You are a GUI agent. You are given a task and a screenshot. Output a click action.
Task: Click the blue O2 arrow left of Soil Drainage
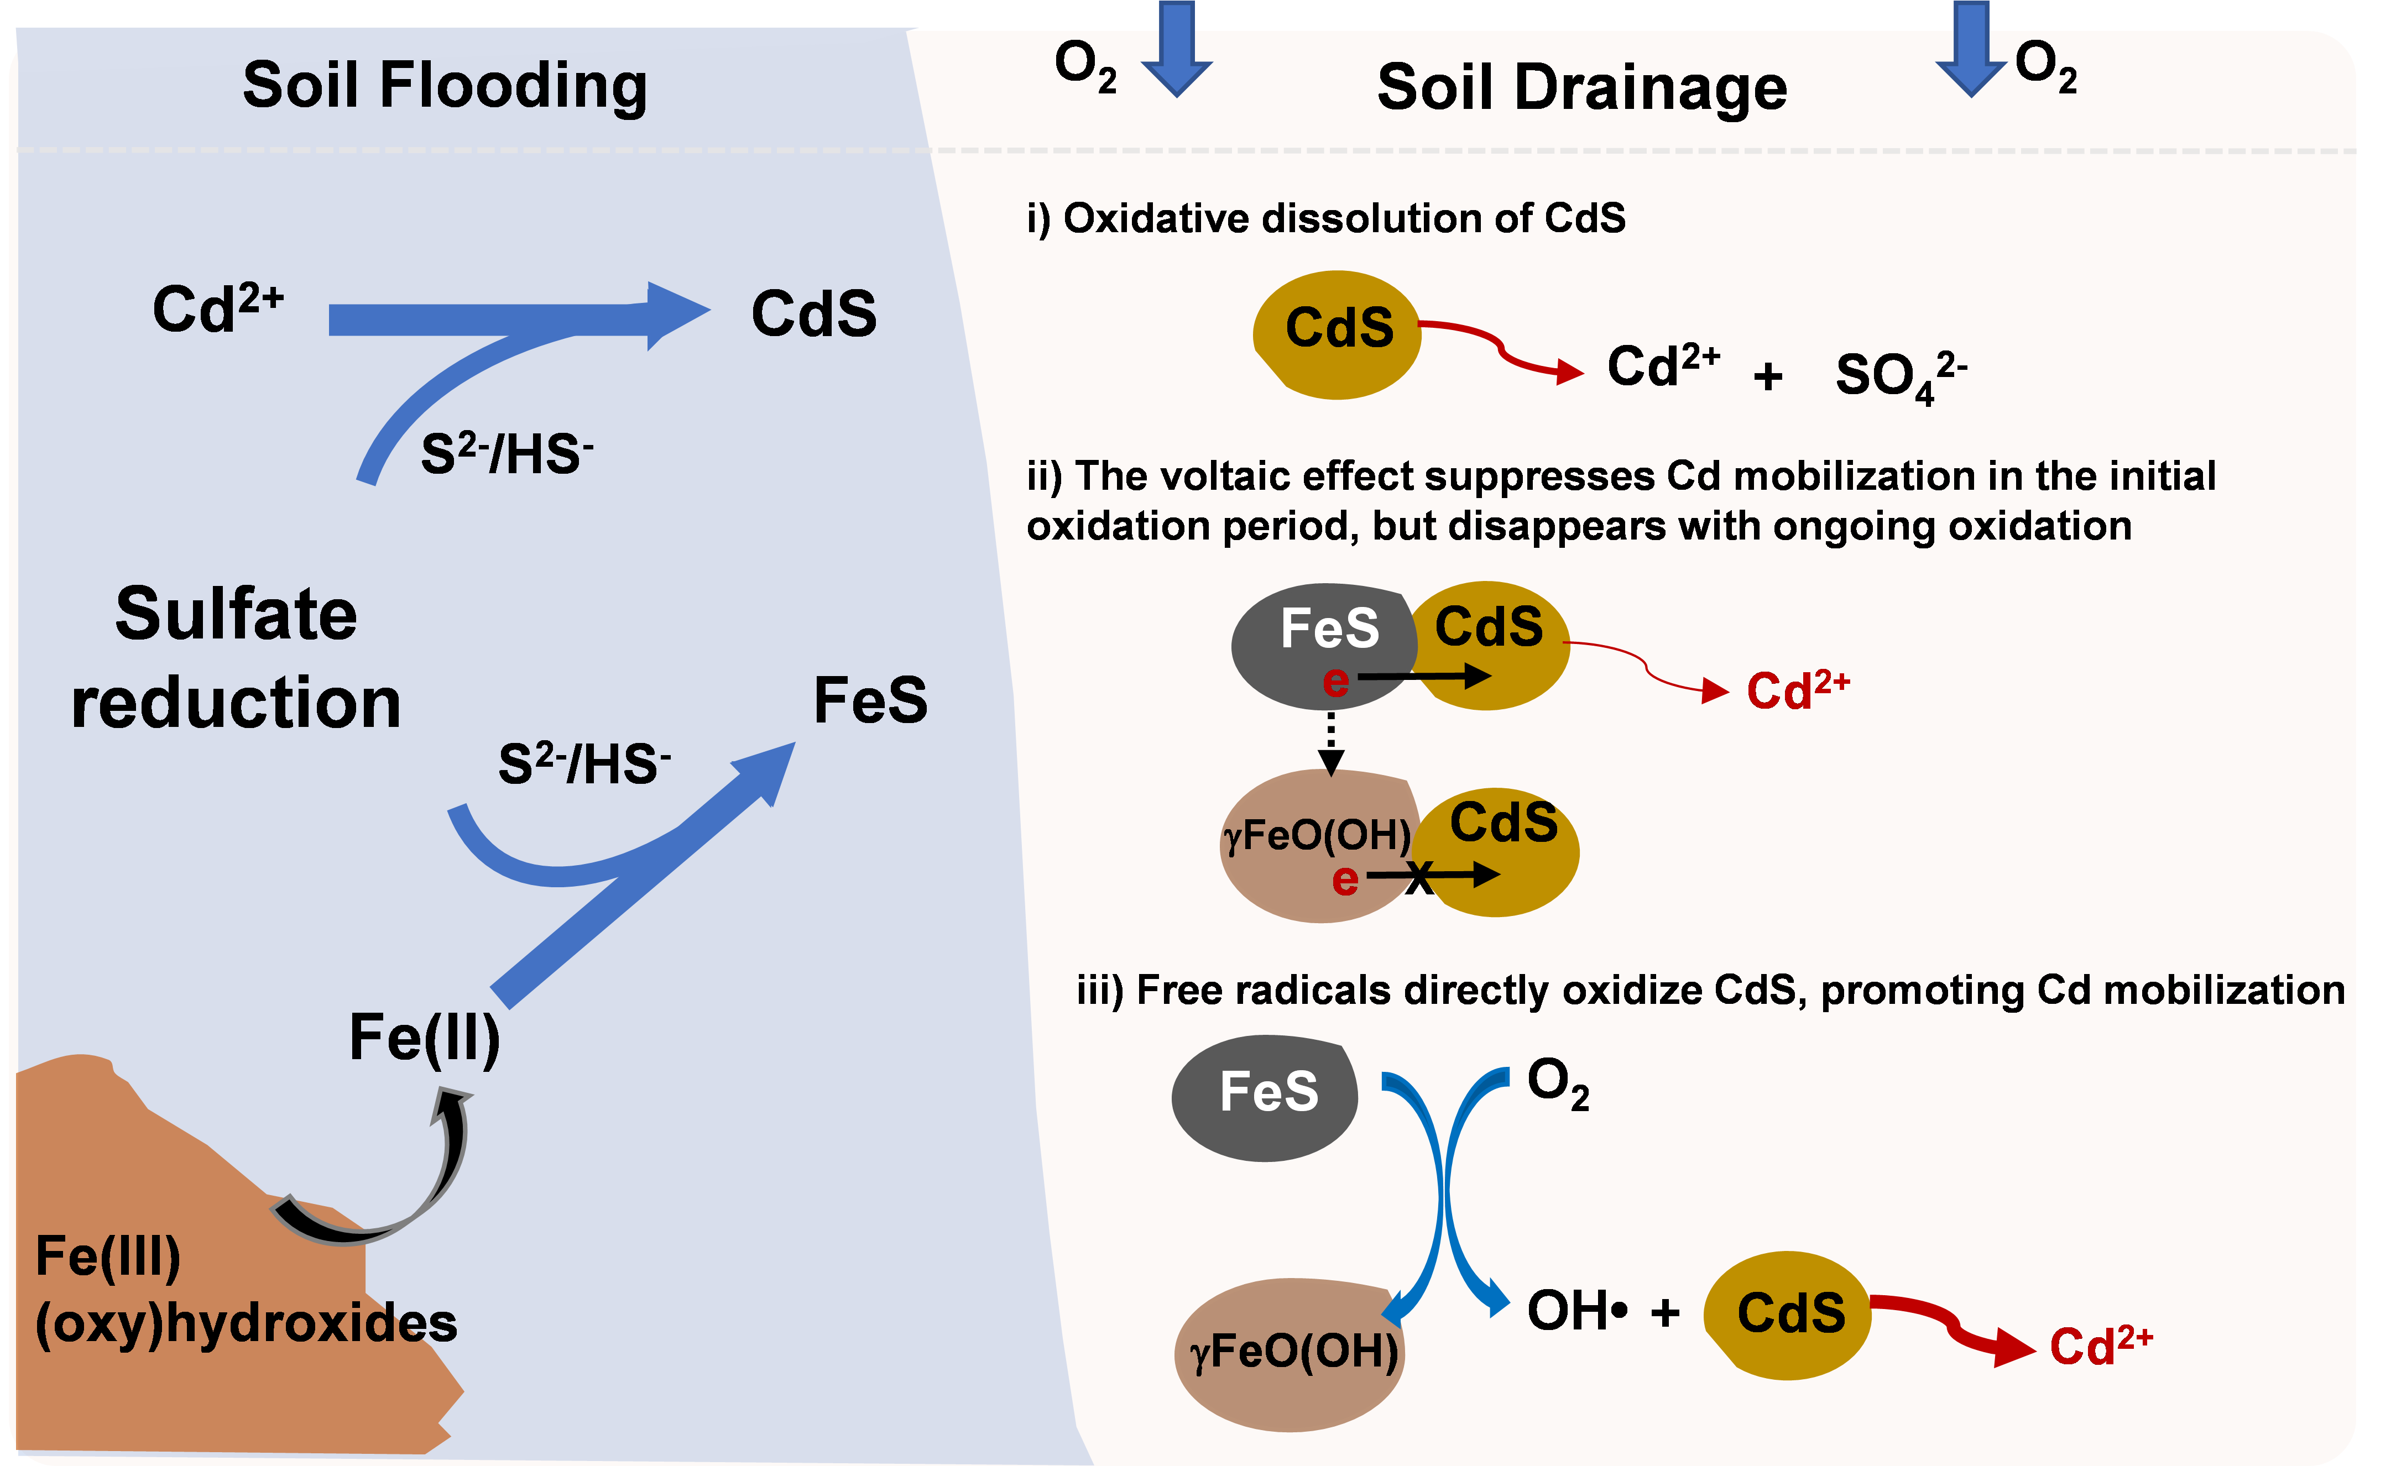[1176, 49]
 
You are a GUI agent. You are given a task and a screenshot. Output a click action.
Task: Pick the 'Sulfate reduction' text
[236, 657]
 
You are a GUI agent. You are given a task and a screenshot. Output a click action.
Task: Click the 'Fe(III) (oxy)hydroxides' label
[243, 1290]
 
